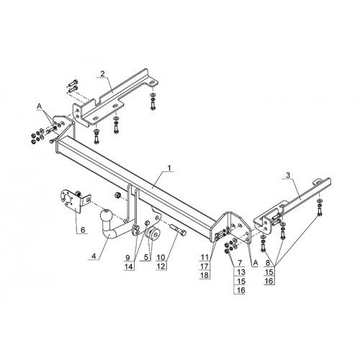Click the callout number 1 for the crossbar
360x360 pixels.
(169, 168)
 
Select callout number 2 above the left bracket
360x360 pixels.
(102, 74)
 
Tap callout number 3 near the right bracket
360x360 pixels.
(288, 176)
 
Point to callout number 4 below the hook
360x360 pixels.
(94, 256)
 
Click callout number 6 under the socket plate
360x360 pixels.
(83, 230)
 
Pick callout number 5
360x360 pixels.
(146, 258)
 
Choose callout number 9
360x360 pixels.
(127, 258)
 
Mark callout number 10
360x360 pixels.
(161, 258)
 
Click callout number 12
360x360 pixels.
(161, 266)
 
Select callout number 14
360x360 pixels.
(127, 266)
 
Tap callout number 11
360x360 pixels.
(204, 257)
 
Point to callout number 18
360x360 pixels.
(204, 275)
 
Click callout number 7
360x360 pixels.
(240, 263)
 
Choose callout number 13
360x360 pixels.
(240, 272)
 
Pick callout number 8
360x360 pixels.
(268, 263)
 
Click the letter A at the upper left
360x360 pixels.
(39, 106)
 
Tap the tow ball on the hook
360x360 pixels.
(106, 215)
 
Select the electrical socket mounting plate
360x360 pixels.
(75, 199)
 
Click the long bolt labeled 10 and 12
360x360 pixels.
(179, 230)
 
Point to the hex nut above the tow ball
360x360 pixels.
(117, 195)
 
